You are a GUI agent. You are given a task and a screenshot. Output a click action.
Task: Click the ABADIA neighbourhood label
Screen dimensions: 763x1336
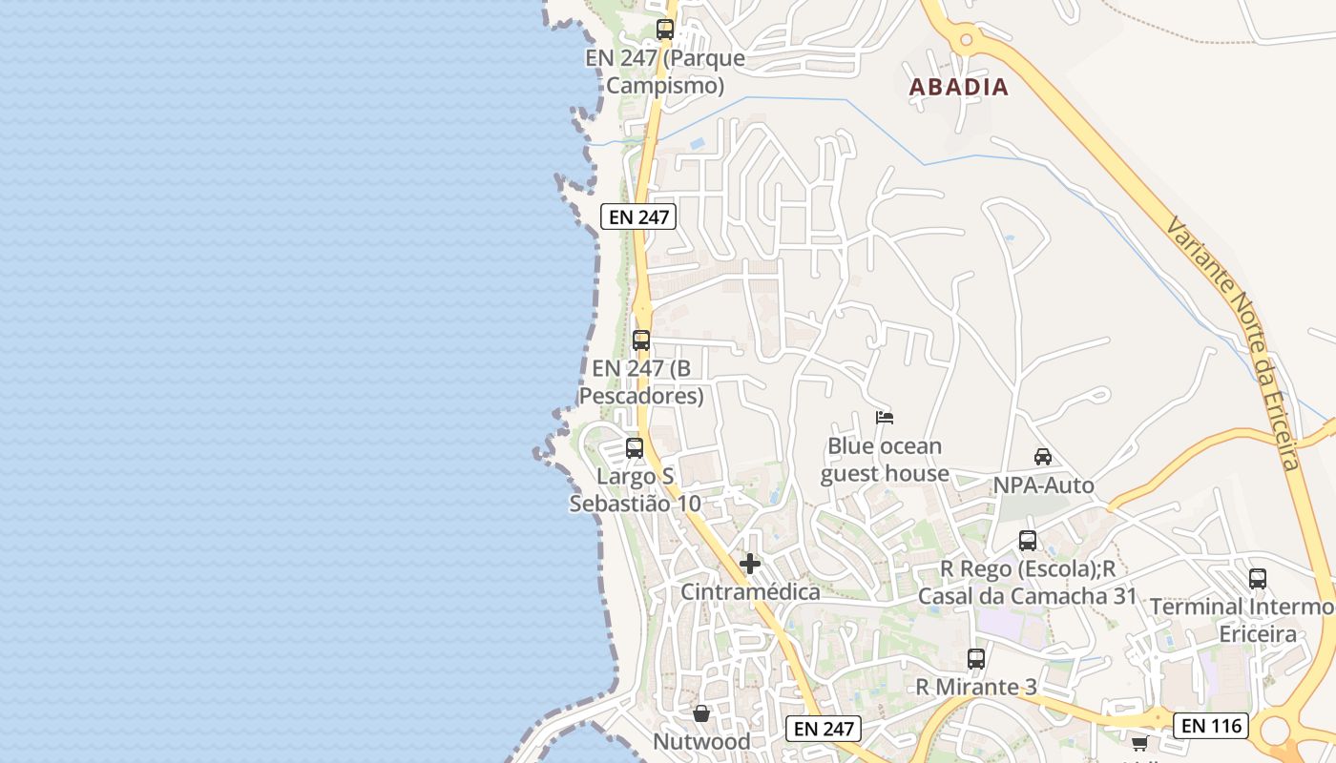[x=958, y=87]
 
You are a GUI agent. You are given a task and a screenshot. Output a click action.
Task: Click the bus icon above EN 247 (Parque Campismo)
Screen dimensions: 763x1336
[x=665, y=30]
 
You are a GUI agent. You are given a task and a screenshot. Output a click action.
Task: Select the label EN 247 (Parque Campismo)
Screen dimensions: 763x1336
[x=665, y=72]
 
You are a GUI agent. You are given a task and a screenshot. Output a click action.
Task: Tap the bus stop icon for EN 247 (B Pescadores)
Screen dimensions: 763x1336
[x=641, y=340]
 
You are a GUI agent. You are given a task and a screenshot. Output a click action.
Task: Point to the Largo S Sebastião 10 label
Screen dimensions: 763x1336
[x=635, y=489]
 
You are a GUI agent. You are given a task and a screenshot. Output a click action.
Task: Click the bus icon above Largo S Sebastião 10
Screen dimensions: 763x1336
[x=635, y=448]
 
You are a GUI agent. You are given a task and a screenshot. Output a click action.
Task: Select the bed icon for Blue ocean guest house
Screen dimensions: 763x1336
[x=885, y=418]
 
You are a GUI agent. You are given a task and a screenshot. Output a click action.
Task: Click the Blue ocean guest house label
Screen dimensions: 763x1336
[x=885, y=460]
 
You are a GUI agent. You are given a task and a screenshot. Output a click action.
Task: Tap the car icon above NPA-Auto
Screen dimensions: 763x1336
[x=1043, y=457]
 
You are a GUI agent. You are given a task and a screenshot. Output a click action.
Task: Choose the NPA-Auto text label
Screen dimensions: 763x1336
[x=1043, y=485]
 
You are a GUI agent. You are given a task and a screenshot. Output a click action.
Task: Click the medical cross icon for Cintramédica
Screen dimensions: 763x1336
[x=750, y=564]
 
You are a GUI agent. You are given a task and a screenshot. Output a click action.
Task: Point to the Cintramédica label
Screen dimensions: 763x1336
[x=750, y=592]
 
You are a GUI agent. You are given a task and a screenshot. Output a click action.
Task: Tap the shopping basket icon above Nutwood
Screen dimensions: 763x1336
[x=701, y=713]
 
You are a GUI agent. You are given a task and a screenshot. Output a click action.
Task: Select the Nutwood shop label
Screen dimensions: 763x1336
[x=701, y=741]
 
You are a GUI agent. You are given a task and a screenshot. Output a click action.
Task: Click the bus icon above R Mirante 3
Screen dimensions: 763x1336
[x=975, y=659]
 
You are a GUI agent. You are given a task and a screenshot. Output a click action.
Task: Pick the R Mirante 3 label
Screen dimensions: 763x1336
[x=975, y=687]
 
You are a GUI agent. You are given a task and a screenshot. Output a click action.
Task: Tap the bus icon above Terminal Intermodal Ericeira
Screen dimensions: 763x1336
[x=1258, y=579]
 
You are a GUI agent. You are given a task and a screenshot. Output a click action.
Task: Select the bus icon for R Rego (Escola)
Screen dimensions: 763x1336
[x=1028, y=541]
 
